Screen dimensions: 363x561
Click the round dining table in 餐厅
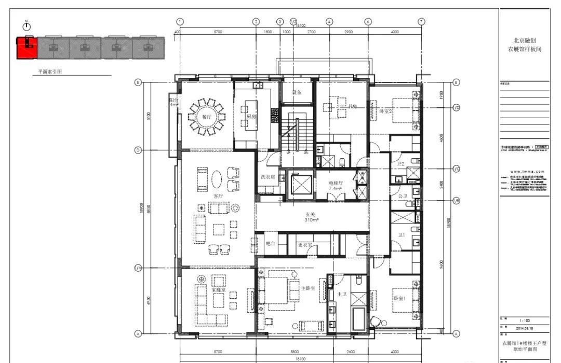[207, 117]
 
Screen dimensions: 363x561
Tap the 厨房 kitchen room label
[251, 117]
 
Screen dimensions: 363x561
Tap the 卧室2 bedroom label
[385, 111]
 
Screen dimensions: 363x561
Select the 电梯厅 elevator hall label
[335, 183]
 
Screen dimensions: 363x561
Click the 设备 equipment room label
[297, 92]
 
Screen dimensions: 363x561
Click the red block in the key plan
[26, 48]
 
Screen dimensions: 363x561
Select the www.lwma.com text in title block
[523, 171]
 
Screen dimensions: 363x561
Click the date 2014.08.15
[523, 328]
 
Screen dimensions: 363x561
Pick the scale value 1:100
[523, 320]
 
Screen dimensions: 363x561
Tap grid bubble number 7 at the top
[421, 22]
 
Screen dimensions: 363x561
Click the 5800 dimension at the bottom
[295, 351]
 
